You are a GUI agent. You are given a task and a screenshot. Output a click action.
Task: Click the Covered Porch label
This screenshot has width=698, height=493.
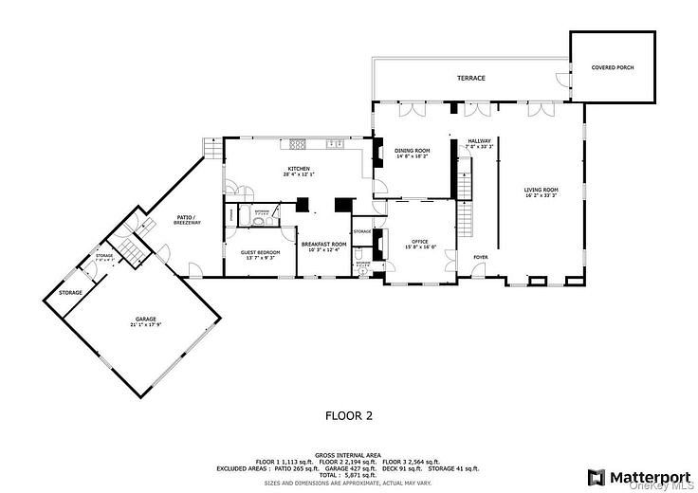point(612,68)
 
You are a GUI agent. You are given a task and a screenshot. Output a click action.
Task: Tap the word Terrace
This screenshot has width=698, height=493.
point(471,78)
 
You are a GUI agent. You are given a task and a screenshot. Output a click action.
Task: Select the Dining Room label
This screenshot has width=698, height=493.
point(413,151)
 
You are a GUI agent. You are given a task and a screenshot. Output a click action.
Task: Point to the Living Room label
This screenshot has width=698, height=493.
point(542,190)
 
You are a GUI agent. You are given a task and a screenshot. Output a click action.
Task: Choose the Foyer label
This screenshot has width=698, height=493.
point(481,256)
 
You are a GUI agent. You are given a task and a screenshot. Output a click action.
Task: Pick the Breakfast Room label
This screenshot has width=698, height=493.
point(324,244)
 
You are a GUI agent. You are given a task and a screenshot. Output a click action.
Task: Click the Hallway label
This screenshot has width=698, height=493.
point(478,141)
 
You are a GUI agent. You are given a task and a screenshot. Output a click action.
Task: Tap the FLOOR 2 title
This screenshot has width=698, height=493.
point(349,415)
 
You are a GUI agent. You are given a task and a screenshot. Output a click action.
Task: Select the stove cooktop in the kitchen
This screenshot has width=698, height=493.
point(297,144)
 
